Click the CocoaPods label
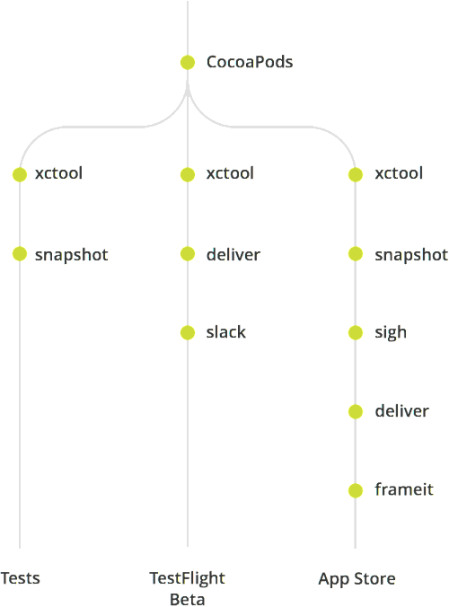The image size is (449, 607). click(250, 62)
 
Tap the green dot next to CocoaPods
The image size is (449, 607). click(188, 62)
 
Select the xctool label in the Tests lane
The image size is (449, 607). click(58, 173)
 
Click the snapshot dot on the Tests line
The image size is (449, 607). click(20, 254)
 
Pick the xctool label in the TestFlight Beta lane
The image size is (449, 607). click(230, 173)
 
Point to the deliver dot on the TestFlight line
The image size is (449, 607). click(188, 254)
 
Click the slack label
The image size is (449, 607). click(226, 332)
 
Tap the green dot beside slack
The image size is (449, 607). click(188, 332)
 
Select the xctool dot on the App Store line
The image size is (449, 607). click(356, 174)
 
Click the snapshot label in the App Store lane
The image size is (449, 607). click(411, 255)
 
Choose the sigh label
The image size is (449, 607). click(391, 333)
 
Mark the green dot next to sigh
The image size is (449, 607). click(356, 332)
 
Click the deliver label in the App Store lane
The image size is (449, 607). click(401, 411)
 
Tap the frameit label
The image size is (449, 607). click(404, 489)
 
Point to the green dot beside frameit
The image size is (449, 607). click(356, 490)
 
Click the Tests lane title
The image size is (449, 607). click(20, 578)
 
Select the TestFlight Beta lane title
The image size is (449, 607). click(188, 588)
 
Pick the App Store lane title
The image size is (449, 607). click(357, 579)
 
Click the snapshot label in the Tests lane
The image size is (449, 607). click(72, 255)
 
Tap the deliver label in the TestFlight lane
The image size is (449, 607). click(233, 255)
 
